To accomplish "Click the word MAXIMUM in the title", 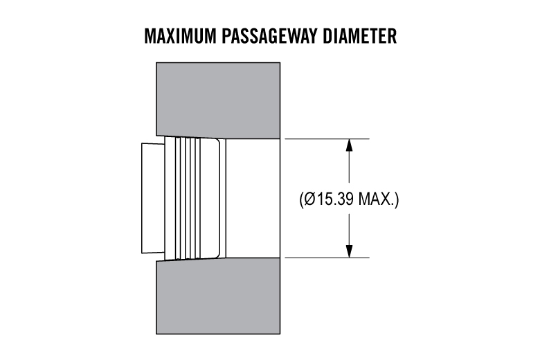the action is click(x=181, y=36).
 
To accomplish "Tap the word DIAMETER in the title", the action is click(x=359, y=36).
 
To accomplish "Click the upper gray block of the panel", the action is click(x=218, y=100).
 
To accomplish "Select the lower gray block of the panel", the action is click(x=218, y=296).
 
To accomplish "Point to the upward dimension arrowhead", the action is click(x=349, y=145).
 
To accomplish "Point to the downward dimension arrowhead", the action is click(x=349, y=251).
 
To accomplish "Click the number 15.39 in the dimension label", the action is click(x=336, y=199).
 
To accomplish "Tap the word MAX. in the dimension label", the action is click(x=377, y=199).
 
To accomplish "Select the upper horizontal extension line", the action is click(x=327, y=139).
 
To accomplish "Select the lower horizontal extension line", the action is click(x=327, y=258).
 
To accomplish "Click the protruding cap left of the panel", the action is click(x=153, y=198).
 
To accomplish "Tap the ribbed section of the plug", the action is click(x=188, y=198).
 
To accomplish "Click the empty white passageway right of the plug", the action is click(x=253, y=198).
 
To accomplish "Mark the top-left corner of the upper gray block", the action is click(x=156, y=63).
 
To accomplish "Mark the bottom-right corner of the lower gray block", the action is click(x=280, y=334).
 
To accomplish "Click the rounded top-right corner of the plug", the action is click(x=217, y=141).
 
